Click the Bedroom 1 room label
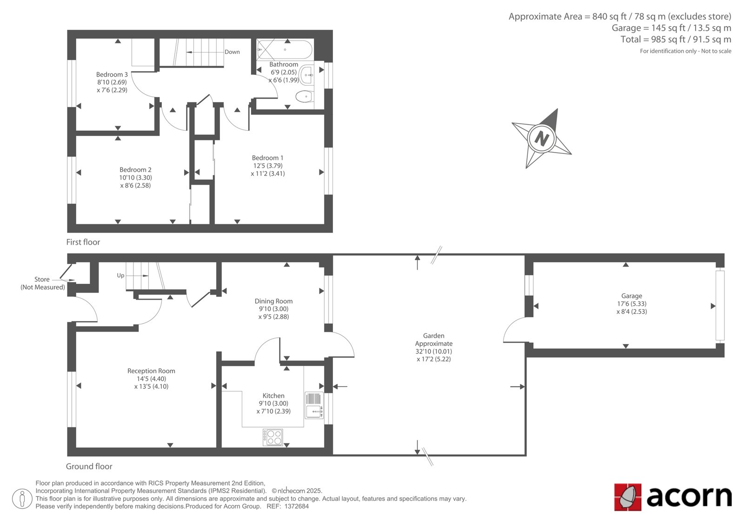[267, 158]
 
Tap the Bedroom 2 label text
[135, 170]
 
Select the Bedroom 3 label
[112, 74]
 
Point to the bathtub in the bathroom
[285, 50]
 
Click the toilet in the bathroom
[304, 97]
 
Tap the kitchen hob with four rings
[272, 437]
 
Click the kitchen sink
[314, 406]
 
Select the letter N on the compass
[541, 138]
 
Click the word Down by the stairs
[232, 52]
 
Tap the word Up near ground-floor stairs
[120, 275]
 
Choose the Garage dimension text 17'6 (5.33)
[631, 304]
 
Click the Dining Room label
[274, 301]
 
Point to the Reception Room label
[151, 371]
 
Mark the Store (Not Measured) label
[42, 283]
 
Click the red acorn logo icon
[628, 497]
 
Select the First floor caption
[83, 242]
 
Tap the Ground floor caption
[89, 466]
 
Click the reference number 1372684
[296, 506]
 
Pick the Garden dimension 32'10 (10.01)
[433, 351]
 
